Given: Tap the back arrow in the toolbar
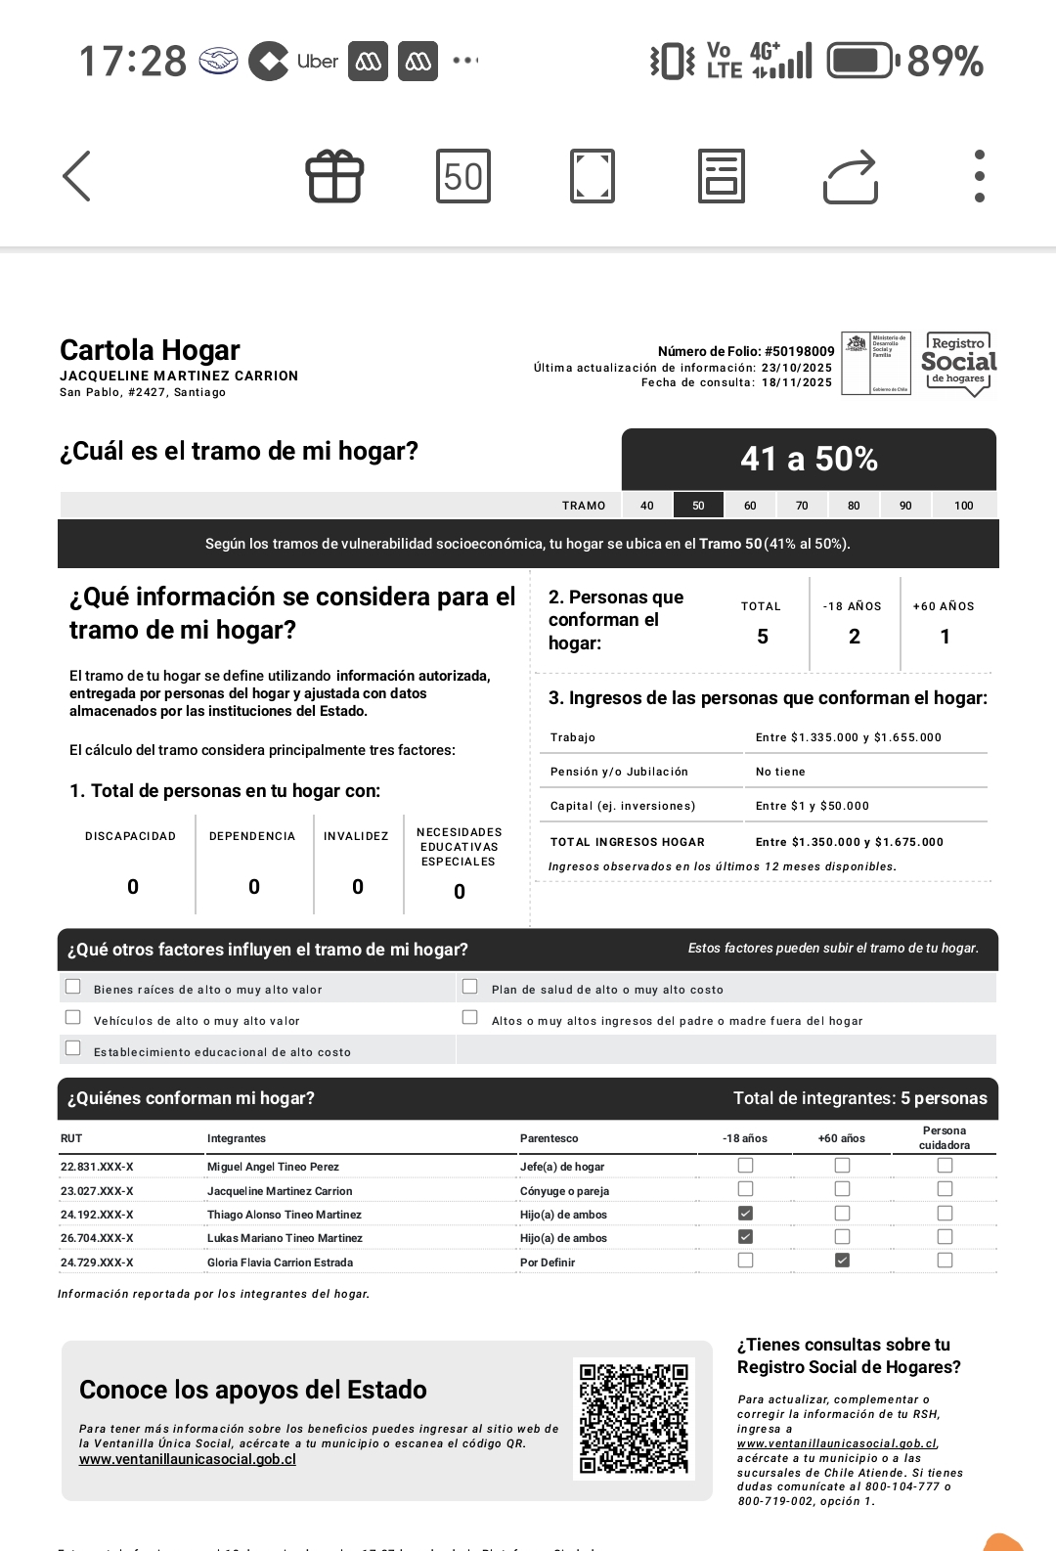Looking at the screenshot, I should coord(77,176).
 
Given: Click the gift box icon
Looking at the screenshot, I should coord(335,177).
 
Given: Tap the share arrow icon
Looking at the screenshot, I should coord(851,177).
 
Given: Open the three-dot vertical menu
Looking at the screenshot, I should coord(979,177).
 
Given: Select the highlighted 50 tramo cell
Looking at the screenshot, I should coord(698,506).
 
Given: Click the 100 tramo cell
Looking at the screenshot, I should coord(964,506).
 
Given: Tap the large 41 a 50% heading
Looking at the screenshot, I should coord(809,459).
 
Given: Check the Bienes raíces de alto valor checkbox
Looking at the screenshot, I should coord(72,987).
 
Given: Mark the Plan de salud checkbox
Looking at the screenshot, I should coord(470,987).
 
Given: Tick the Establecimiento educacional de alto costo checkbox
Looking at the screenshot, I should coord(72,1048).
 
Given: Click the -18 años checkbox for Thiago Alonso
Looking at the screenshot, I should coord(745,1214).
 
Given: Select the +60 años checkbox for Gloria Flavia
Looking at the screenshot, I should coord(842,1261).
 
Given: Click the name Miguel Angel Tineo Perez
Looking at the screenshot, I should coord(273,1167).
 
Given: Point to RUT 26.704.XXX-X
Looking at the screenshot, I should coord(97,1238).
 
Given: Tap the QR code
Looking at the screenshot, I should coord(634,1419).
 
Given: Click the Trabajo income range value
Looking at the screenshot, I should coord(848,737).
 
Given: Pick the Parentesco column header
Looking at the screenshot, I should coord(549,1138).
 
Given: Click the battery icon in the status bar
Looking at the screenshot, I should coord(861,61).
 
